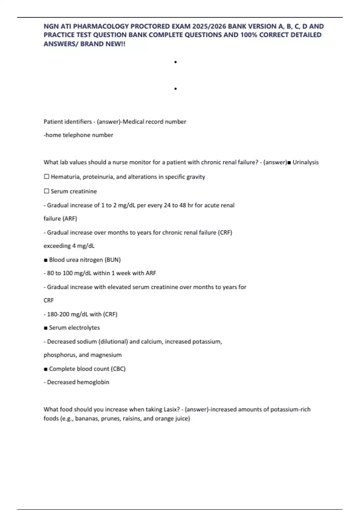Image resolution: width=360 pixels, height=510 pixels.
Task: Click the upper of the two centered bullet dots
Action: coord(175,62)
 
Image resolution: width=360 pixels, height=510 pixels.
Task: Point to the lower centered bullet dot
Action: coord(175,89)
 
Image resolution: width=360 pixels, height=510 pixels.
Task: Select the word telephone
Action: coord(76,135)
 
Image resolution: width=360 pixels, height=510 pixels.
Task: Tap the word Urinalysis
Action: coord(305,162)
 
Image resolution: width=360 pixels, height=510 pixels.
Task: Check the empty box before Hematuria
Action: coord(46,177)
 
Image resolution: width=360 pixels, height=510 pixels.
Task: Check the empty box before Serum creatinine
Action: coord(46,191)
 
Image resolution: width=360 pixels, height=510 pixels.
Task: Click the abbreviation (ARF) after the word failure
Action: coord(69,219)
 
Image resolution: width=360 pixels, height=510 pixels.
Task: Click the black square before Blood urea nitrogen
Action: coord(46,260)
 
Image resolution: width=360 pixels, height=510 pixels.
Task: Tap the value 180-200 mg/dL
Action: coord(67,314)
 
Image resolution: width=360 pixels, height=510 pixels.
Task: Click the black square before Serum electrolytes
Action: coord(46,328)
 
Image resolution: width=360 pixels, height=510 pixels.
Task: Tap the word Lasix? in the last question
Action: coord(172,409)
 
